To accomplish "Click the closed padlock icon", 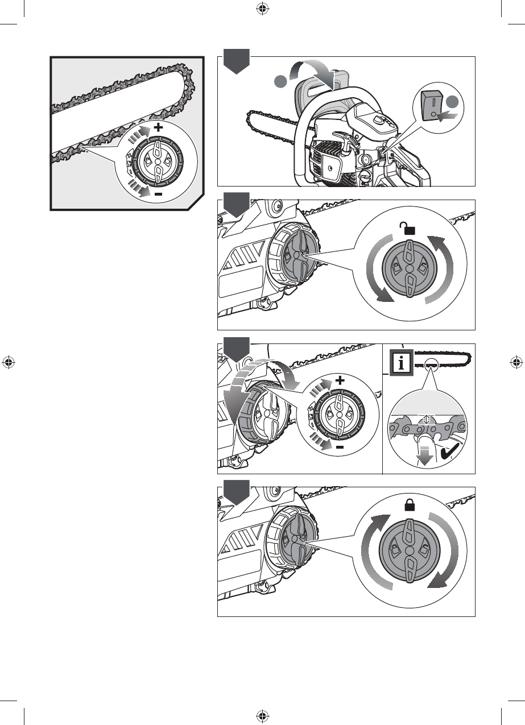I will coord(408,504).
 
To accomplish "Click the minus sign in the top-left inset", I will coord(158,194).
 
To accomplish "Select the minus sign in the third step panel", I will coord(340,448).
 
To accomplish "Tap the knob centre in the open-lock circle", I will coord(409,267).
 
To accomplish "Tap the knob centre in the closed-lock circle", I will coord(408,552).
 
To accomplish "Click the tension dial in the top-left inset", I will coord(154,161).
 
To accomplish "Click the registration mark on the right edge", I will coord(516,362).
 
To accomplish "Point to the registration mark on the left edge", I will coord(8,362).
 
